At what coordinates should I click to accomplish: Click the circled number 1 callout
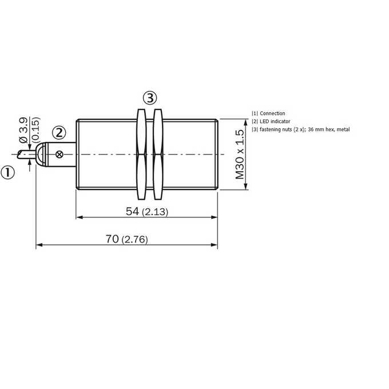click(x=7, y=172)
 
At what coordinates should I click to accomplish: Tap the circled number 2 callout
click(x=59, y=133)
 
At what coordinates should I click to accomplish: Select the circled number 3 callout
click(x=150, y=98)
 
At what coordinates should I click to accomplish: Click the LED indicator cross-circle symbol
click(x=59, y=154)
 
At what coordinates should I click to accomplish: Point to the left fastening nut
click(x=141, y=154)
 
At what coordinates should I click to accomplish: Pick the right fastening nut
click(x=158, y=154)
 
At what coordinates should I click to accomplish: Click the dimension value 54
click(x=132, y=211)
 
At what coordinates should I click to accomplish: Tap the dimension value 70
click(x=112, y=239)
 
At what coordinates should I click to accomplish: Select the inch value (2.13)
click(x=155, y=212)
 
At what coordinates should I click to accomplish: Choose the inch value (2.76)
click(x=135, y=240)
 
